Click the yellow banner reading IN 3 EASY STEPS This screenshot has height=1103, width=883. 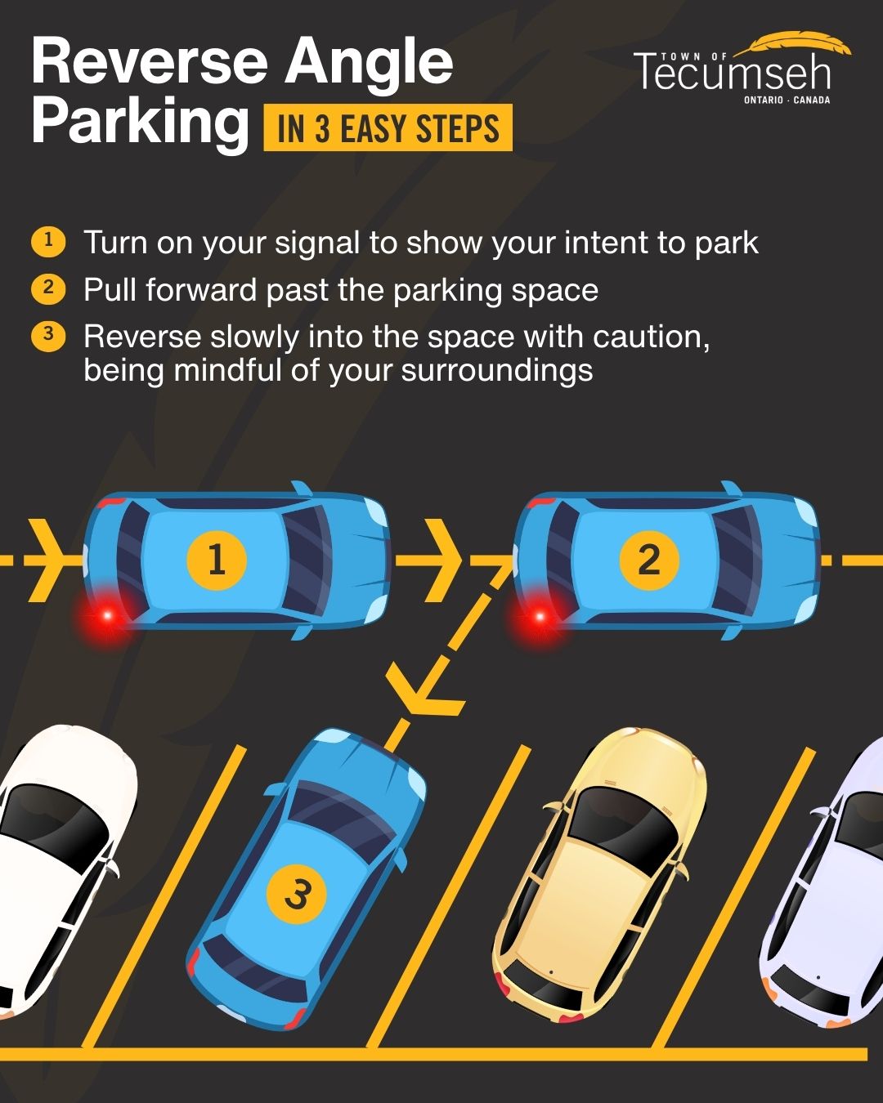pos(388,127)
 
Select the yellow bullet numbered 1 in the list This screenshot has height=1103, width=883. pos(48,242)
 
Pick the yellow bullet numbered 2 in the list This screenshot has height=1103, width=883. pos(48,289)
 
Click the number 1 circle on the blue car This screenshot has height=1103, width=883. pos(217,560)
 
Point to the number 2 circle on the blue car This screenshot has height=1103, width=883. pos(648,560)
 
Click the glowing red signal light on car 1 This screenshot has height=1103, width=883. pos(107,615)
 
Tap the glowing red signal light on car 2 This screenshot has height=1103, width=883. pos(540,615)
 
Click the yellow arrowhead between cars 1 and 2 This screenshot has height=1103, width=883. pos(443,560)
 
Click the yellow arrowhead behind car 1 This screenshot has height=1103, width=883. pos(47,560)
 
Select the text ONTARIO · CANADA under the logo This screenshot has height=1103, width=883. pos(787,100)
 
